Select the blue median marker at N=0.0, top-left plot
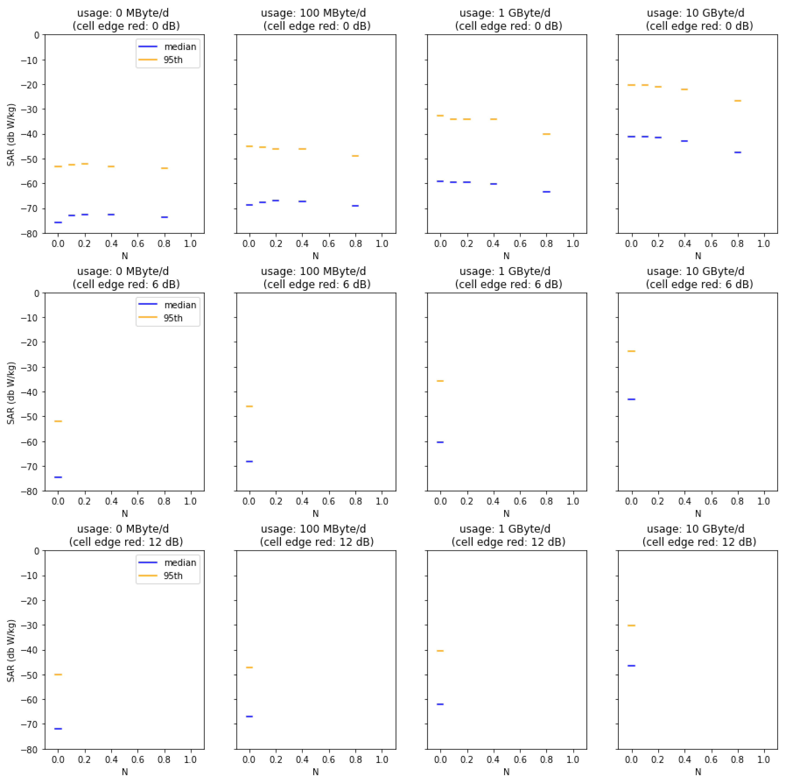coord(58,222)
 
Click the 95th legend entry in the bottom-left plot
coord(173,576)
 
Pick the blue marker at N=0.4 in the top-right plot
coord(684,141)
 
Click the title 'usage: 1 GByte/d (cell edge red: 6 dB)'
coord(508,278)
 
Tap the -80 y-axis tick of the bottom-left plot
coord(30,750)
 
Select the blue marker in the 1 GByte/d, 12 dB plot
coord(440,704)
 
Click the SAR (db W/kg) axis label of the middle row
coord(11,393)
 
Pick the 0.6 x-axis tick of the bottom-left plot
coord(138,760)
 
